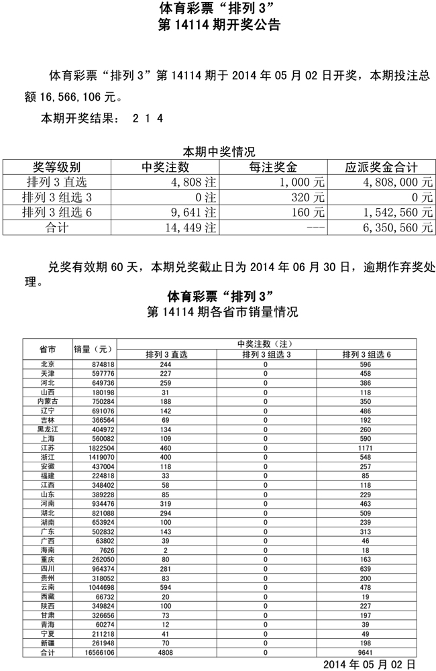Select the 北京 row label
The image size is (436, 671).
[47, 364]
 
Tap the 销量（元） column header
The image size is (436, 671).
[94, 349]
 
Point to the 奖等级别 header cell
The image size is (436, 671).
[57, 167]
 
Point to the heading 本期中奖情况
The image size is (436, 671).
[219, 152]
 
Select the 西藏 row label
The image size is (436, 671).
[47, 597]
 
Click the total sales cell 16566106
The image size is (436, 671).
[94, 652]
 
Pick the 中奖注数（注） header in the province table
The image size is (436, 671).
[266, 344]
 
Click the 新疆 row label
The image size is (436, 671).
[47, 643]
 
